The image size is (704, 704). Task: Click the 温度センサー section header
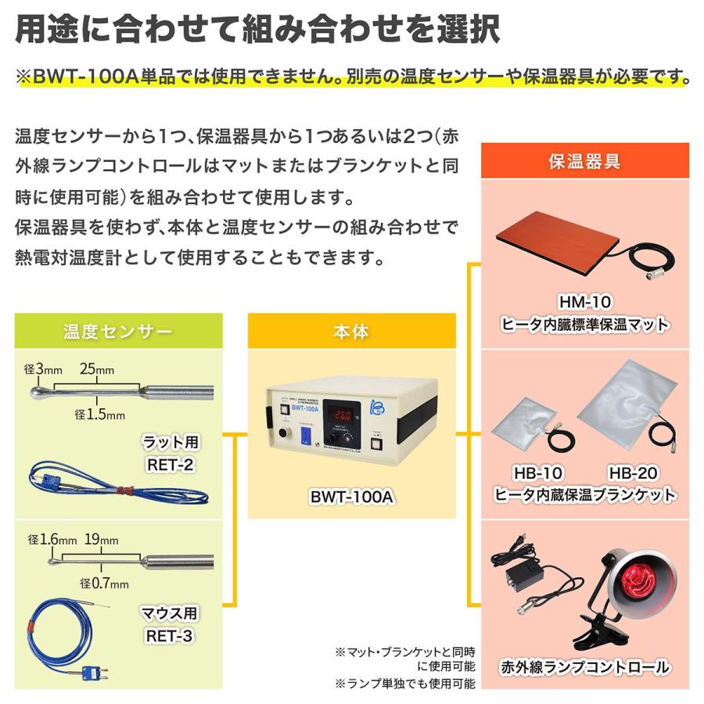[x=117, y=332]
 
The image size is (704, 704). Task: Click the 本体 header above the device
[x=351, y=332]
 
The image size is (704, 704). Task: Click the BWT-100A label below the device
[x=351, y=495]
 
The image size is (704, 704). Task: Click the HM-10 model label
[x=585, y=301]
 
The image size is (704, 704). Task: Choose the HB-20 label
[x=633, y=473]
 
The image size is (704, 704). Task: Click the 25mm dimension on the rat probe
[x=98, y=368]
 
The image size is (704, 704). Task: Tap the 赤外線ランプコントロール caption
[x=585, y=667]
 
